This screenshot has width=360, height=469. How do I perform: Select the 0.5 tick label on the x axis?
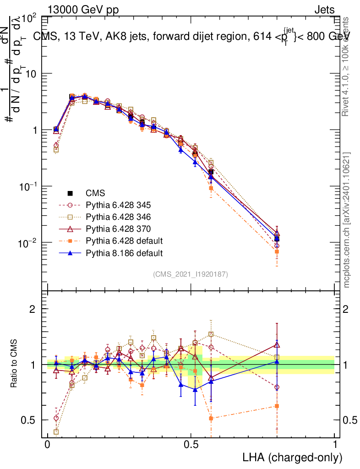pyautogui.click(x=191, y=445)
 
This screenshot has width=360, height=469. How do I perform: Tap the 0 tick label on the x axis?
pyautogui.click(x=48, y=445)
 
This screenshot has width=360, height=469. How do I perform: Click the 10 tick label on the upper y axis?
pyautogui.click(x=30, y=74)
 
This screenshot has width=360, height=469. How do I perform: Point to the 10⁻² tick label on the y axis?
pyautogui.click(x=27, y=243)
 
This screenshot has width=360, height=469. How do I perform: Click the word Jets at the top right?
pyautogui.click(x=324, y=10)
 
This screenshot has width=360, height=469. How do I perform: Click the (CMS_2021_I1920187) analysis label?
pyautogui.click(x=191, y=274)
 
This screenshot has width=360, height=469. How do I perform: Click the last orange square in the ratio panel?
pyautogui.click(x=277, y=406)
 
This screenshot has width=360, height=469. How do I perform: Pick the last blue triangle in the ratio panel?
pyautogui.click(x=277, y=361)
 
